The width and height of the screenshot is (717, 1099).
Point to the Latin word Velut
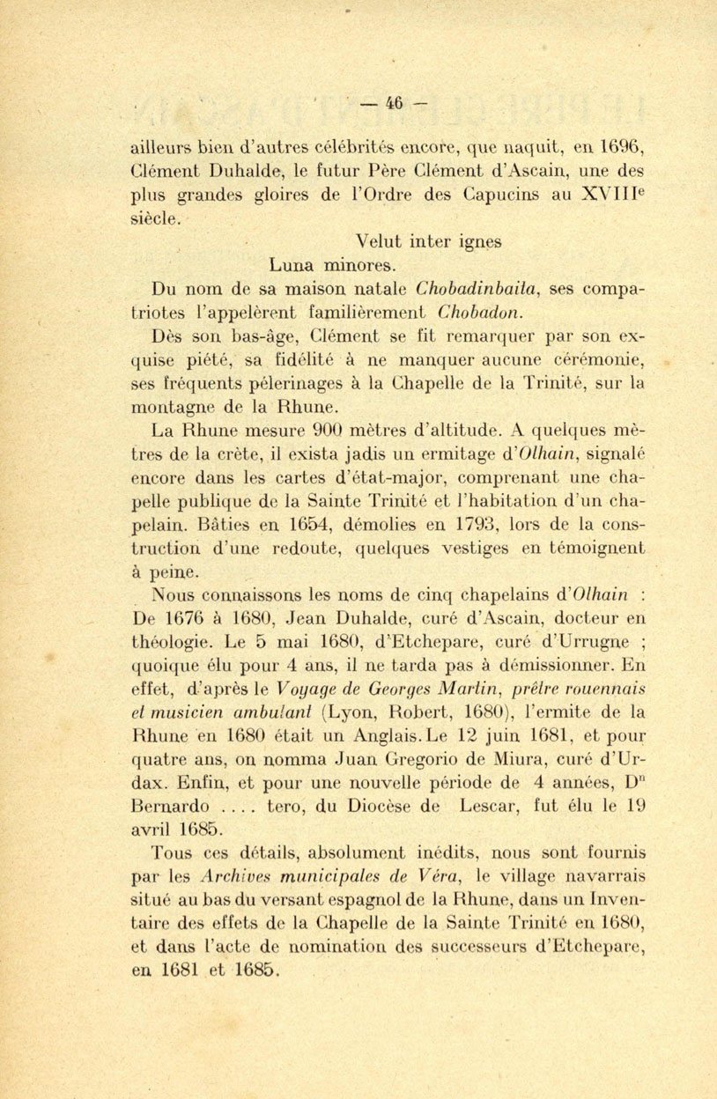point(379,240)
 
